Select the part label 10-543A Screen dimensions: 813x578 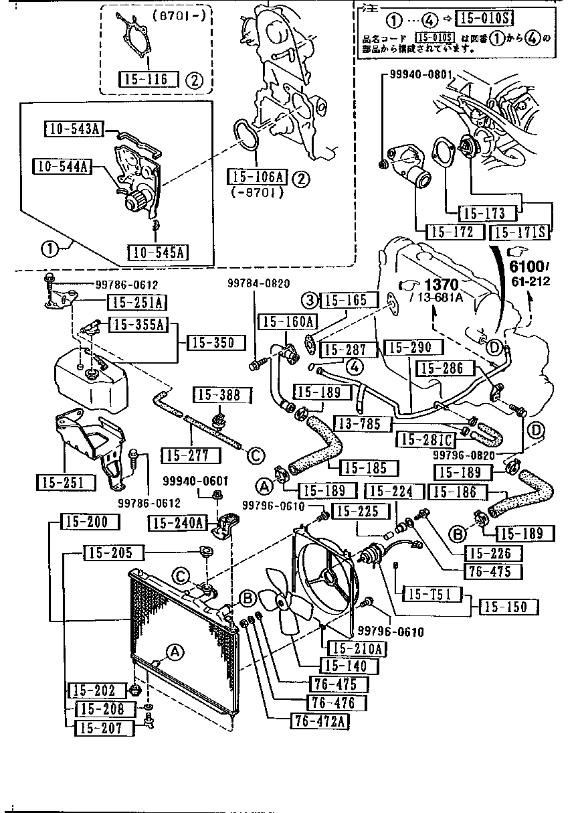74,129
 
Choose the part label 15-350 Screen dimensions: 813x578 211,343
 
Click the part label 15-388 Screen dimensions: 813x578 218,395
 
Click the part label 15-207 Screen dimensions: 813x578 99,728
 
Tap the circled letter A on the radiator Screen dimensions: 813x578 174,651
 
